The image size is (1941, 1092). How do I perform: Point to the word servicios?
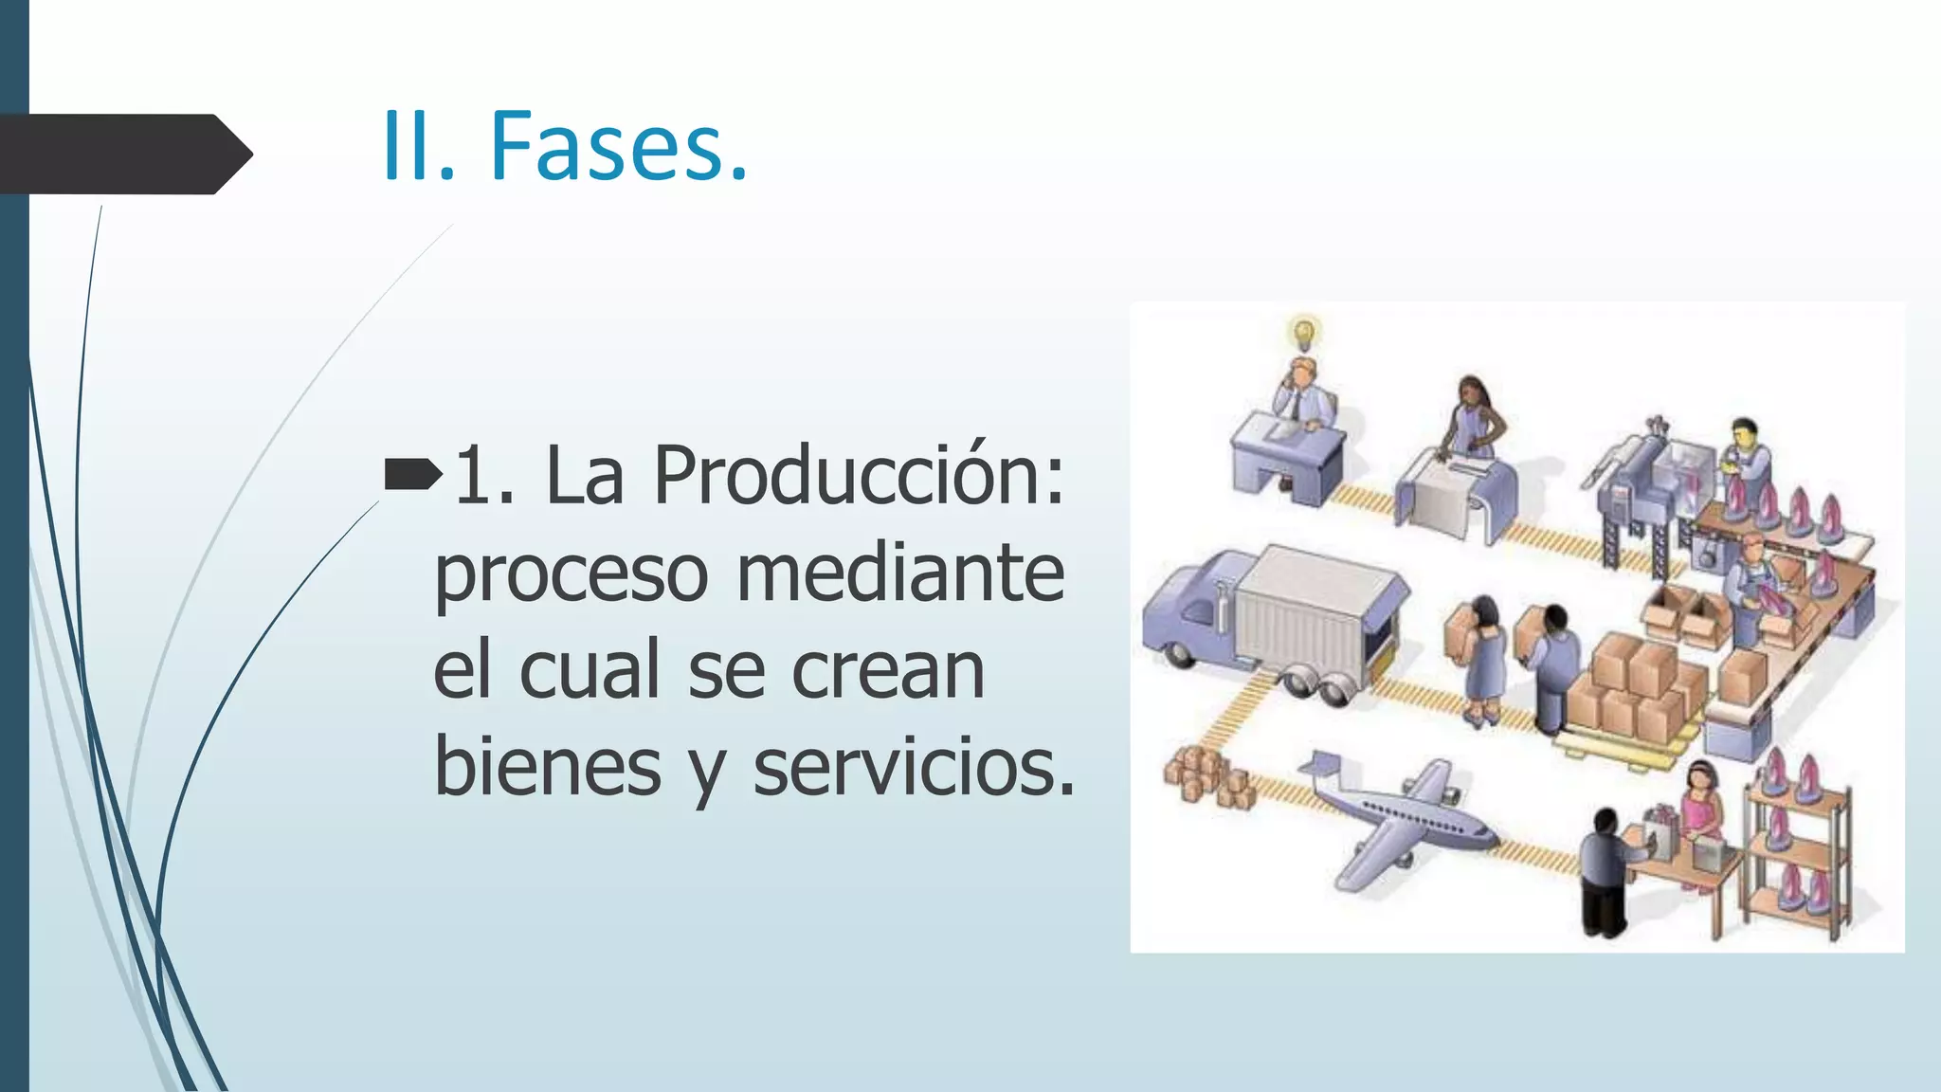point(915,767)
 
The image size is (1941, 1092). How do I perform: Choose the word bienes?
point(548,767)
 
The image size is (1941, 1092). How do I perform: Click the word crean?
point(888,670)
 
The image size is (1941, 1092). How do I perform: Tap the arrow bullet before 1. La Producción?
point(412,473)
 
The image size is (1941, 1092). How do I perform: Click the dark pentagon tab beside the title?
point(123,154)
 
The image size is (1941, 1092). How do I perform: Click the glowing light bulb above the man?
point(1305,332)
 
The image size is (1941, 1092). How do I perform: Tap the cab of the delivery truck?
point(1189,611)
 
